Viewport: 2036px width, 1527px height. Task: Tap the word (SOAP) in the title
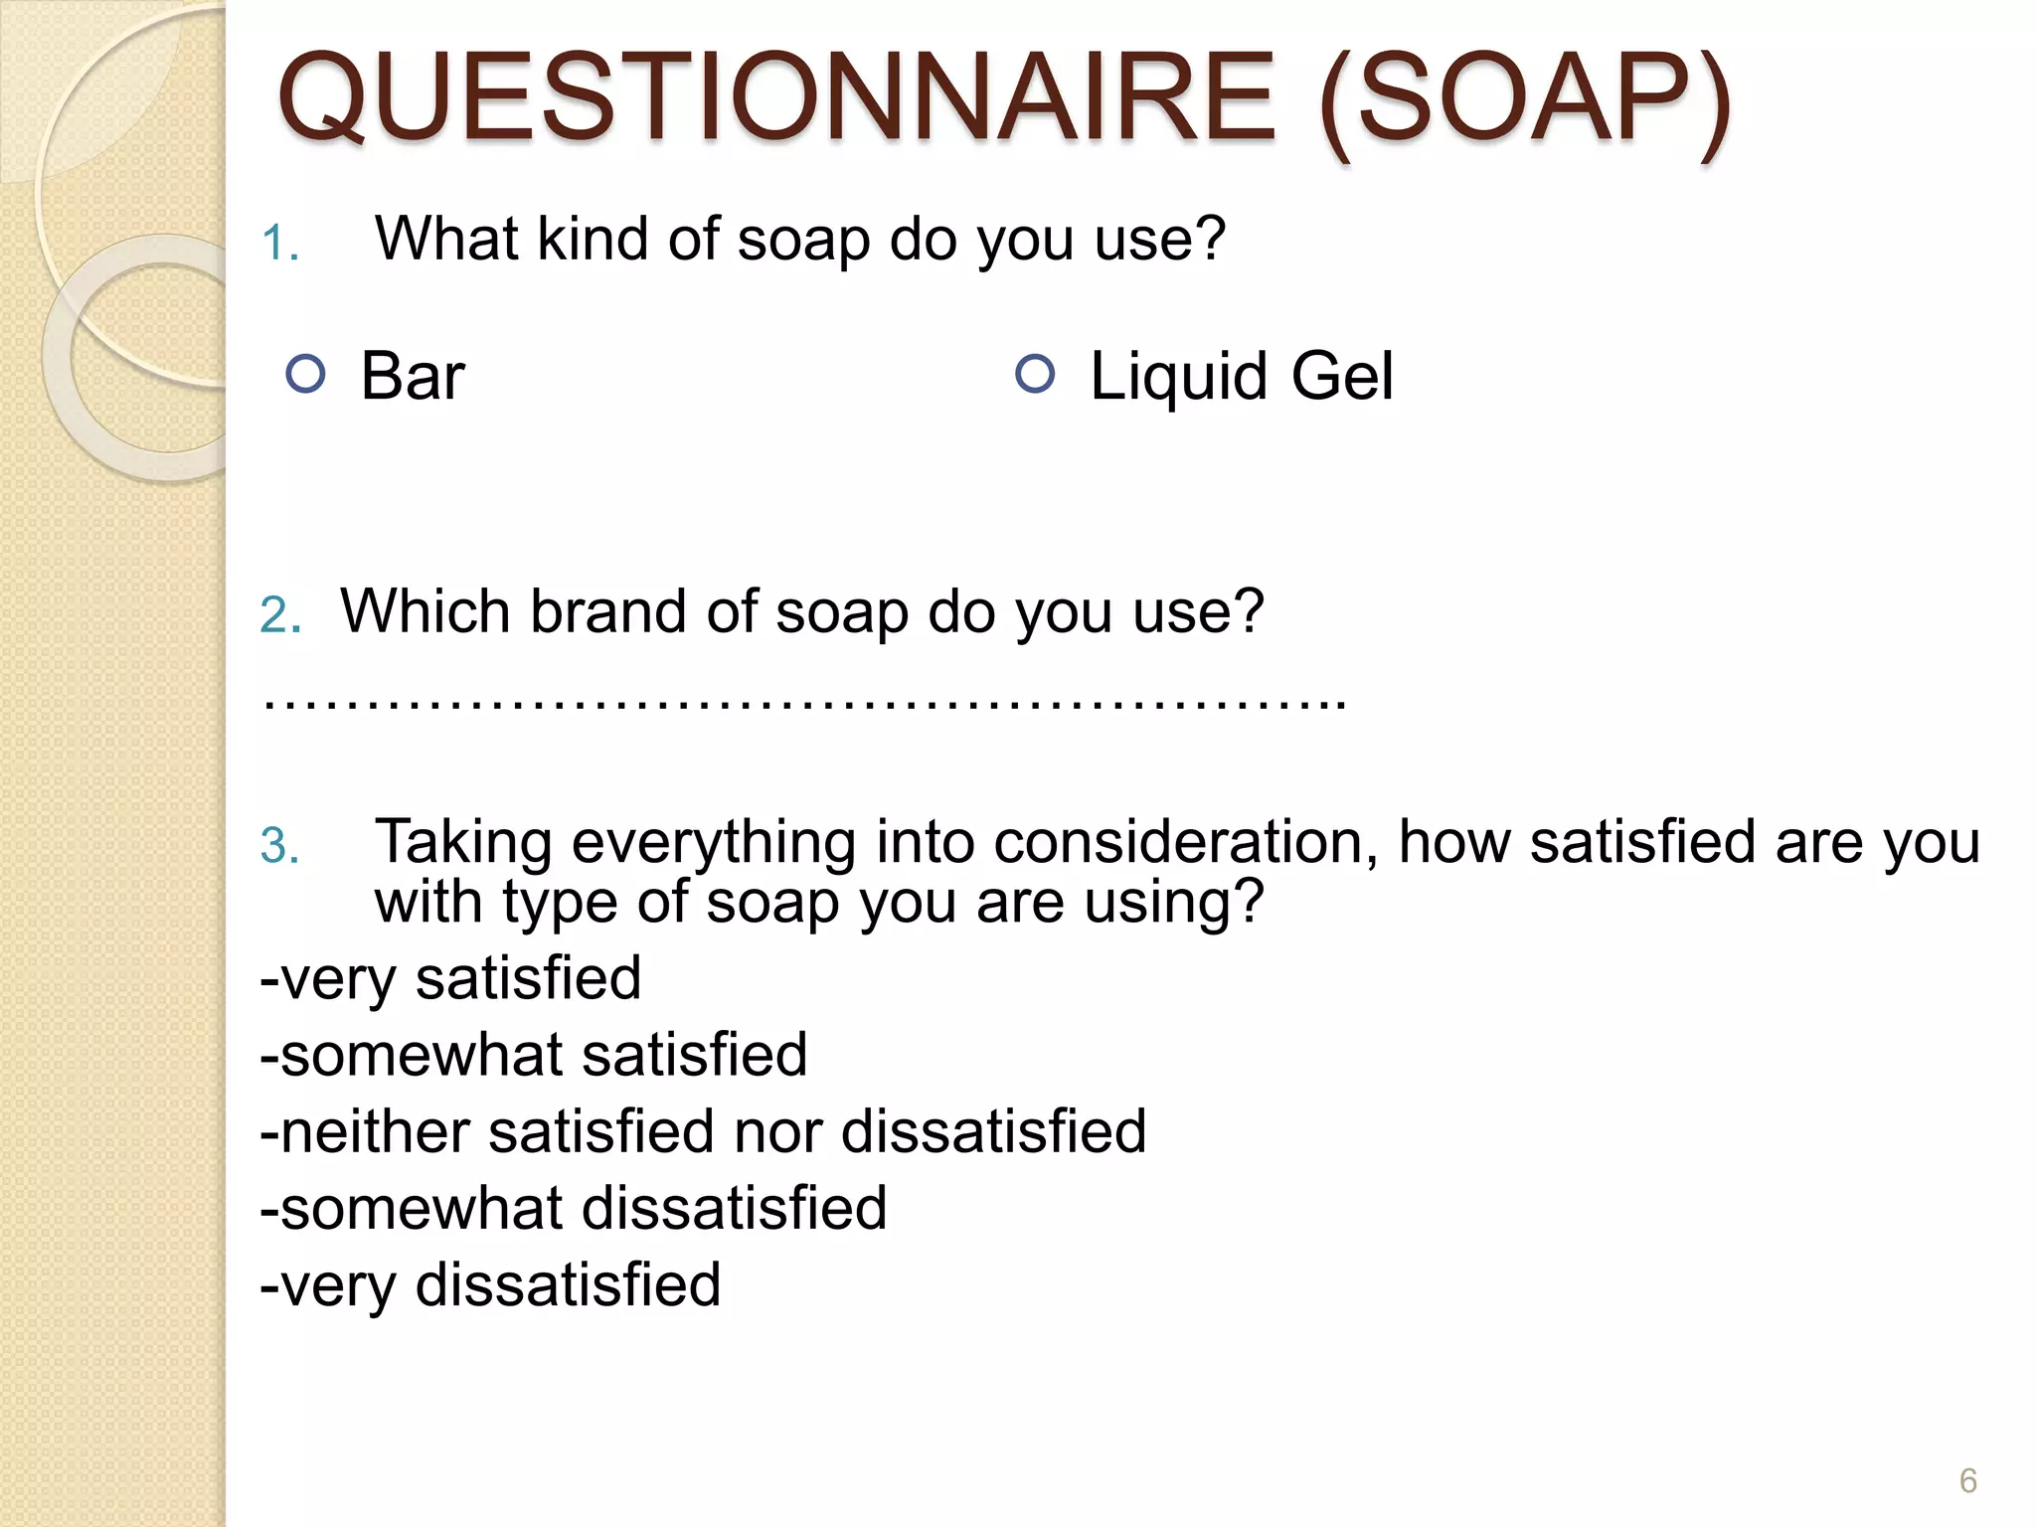coord(1525,99)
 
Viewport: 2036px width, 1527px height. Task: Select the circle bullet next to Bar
coord(305,374)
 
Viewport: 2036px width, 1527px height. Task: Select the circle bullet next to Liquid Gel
coord(1035,374)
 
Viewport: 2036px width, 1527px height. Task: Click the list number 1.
coord(279,243)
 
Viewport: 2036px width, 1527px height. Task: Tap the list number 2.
coord(279,614)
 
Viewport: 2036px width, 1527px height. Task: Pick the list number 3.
coord(279,846)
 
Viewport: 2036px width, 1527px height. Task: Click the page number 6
coord(1967,1480)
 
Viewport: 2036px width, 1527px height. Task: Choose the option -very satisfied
coord(450,978)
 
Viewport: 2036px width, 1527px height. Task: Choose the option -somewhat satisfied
coord(534,1055)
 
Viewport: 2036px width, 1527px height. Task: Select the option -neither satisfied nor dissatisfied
coord(703,1131)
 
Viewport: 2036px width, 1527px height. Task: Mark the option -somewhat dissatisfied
coord(574,1208)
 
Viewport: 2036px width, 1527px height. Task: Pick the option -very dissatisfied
coord(490,1284)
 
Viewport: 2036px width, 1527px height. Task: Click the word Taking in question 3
coord(463,844)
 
